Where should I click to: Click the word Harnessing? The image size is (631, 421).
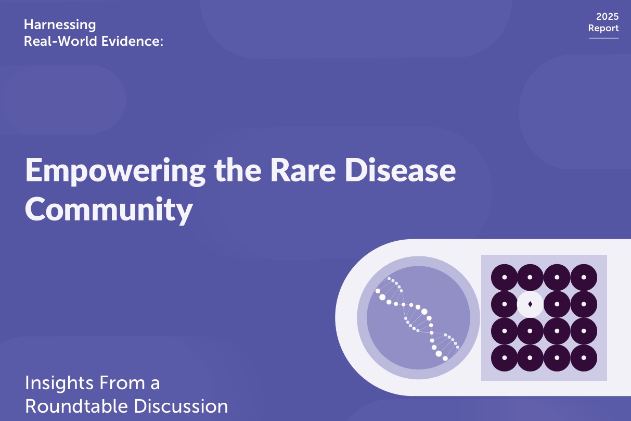pos(60,26)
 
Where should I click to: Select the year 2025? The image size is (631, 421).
pos(608,16)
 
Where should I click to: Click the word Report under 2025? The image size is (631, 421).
pos(603,28)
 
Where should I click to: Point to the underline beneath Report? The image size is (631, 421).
pos(603,38)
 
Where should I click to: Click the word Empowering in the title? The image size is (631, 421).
pos(115,171)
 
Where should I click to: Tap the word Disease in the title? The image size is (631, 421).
pos(400,170)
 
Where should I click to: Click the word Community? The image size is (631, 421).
pos(109,210)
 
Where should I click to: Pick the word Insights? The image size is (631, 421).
pos(59,383)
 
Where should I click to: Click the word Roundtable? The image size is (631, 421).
pos(77,406)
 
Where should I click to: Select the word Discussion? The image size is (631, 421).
pos(181,406)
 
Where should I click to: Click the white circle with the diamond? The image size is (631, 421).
pos(530,304)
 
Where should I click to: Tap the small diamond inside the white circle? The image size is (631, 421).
pos(530,304)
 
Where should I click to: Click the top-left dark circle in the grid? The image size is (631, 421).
pos(504,277)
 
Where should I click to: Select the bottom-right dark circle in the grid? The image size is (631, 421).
pos(584,358)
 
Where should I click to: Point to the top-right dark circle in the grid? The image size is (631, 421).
pos(584,277)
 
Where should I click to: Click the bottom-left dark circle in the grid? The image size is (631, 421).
pos(504,358)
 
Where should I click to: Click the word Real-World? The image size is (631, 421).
pos(60,41)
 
